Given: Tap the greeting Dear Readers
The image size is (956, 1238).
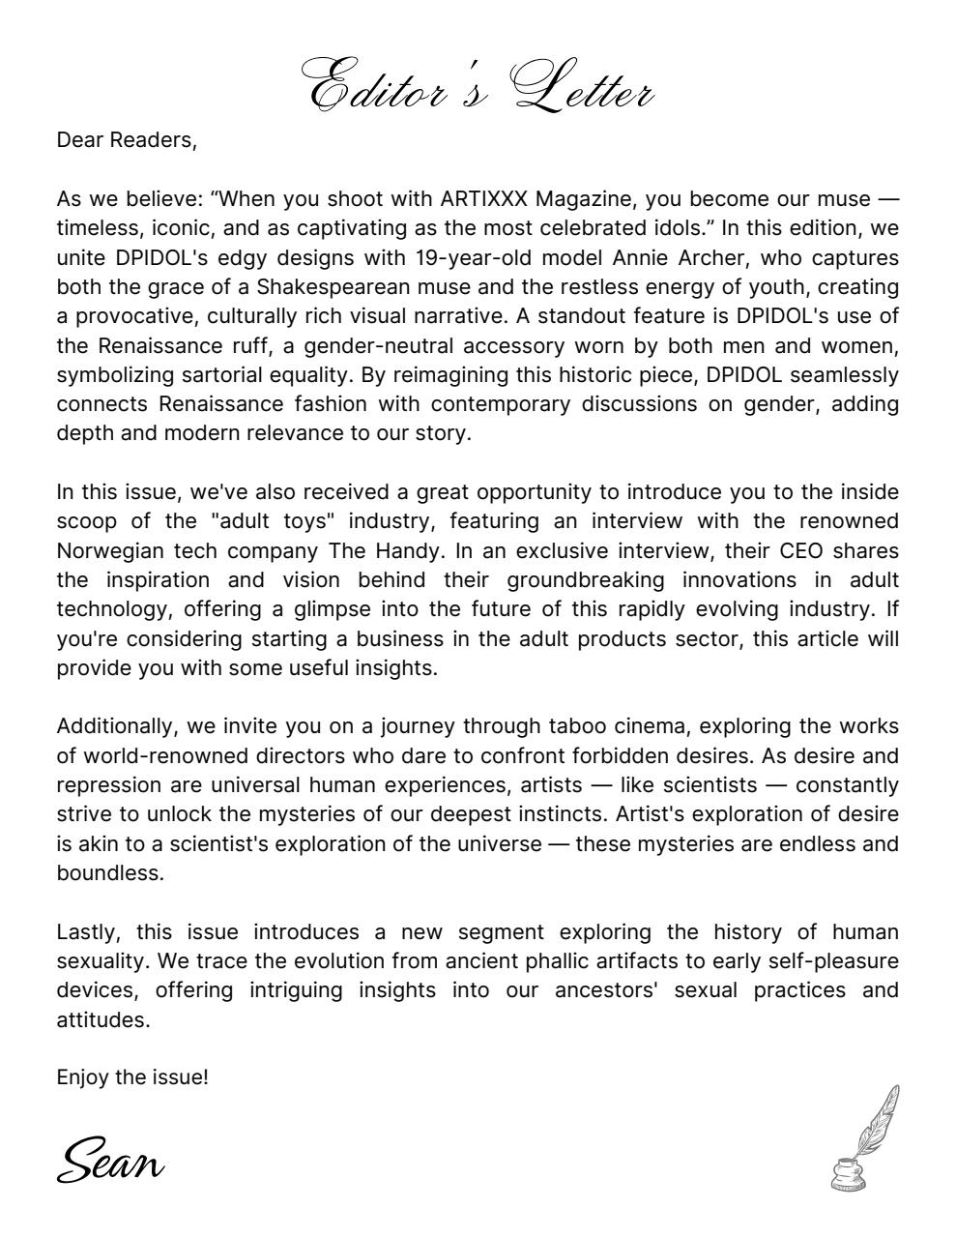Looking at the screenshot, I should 126,140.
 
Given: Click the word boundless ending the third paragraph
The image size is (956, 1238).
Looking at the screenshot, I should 108,872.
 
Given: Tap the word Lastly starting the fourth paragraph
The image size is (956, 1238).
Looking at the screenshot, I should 87,932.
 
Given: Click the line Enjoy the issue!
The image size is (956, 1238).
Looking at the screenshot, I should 132,1077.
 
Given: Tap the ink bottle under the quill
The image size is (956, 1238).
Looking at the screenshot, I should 848,1173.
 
